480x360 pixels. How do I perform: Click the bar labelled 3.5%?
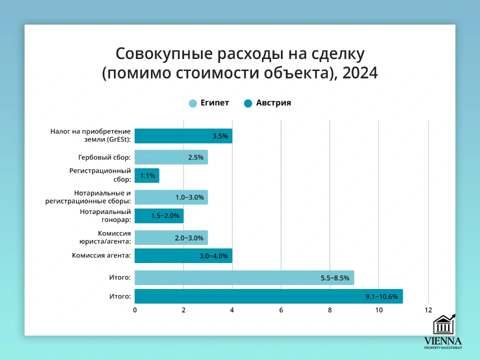[x=183, y=136]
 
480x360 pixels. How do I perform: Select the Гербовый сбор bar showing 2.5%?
[x=171, y=157]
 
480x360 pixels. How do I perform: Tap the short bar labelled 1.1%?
[x=147, y=175]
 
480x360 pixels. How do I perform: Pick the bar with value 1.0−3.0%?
[x=171, y=197]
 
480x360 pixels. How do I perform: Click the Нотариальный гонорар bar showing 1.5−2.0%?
[x=159, y=215]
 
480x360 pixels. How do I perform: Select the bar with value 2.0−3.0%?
[x=171, y=238]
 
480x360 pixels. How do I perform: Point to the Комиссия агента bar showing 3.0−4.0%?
[x=183, y=255]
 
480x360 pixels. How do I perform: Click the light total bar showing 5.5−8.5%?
[x=244, y=277]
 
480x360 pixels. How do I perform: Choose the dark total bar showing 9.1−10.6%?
[x=268, y=296]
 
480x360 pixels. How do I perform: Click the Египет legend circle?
[x=193, y=103]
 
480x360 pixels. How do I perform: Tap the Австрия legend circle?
[x=248, y=103]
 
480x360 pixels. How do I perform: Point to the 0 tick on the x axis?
[x=135, y=310]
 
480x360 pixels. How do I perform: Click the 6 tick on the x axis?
[x=281, y=310]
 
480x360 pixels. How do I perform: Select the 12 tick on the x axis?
[x=428, y=310]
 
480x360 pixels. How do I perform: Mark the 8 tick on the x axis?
[x=330, y=310]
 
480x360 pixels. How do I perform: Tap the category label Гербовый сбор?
[x=104, y=157]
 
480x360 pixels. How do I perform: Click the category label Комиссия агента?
[x=101, y=255]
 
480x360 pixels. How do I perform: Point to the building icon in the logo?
[x=443, y=325]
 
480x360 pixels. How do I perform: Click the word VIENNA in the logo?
[x=443, y=341]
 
